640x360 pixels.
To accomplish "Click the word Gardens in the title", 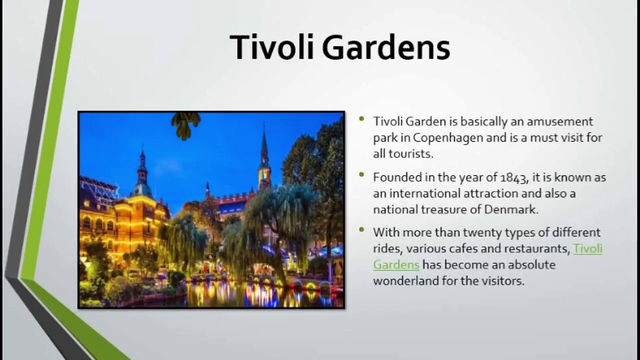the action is tap(386, 47).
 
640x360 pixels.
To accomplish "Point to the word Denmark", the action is tap(511, 209).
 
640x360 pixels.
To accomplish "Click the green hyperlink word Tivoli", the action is tap(587, 248).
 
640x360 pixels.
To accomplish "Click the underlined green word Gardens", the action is tap(396, 264).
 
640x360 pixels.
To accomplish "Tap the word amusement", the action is tap(560, 122).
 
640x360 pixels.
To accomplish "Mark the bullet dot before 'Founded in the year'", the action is tap(361, 174).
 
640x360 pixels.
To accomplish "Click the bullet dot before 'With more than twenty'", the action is tap(361, 229).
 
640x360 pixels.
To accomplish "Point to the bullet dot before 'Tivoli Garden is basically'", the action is tap(361, 118).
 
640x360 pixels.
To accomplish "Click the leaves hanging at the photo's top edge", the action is tap(185, 125).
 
